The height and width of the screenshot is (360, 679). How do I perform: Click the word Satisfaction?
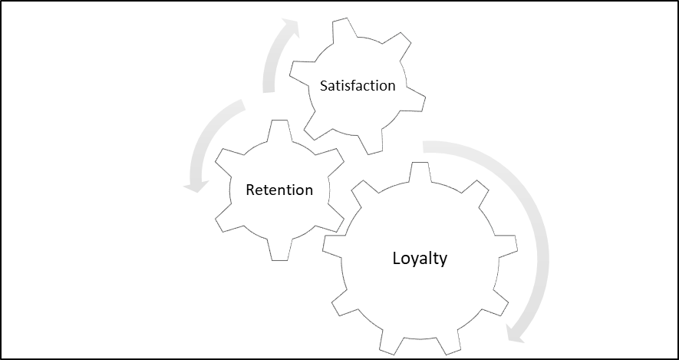[358, 86]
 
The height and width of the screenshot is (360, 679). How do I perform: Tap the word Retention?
[279, 190]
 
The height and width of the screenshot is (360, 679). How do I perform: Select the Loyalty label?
[420, 258]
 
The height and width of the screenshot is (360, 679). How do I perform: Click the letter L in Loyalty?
[397, 257]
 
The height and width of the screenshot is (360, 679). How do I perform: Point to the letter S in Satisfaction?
[324, 86]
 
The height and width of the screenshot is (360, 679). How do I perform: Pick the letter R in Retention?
[250, 190]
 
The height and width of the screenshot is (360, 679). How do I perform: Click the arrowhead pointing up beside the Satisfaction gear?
[289, 27]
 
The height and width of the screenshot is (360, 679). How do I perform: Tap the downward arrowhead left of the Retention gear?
[196, 186]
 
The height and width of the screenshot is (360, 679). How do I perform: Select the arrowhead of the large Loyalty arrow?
[516, 333]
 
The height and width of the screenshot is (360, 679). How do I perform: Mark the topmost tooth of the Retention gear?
[279, 130]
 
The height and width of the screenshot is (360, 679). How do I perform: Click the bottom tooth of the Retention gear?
[279, 250]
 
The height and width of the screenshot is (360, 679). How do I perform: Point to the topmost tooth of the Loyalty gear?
[420, 171]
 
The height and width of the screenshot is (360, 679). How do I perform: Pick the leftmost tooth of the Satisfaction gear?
[301, 71]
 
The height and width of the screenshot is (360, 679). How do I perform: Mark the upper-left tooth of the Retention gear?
[229, 160]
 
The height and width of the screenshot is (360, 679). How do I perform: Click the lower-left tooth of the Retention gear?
[229, 220]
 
